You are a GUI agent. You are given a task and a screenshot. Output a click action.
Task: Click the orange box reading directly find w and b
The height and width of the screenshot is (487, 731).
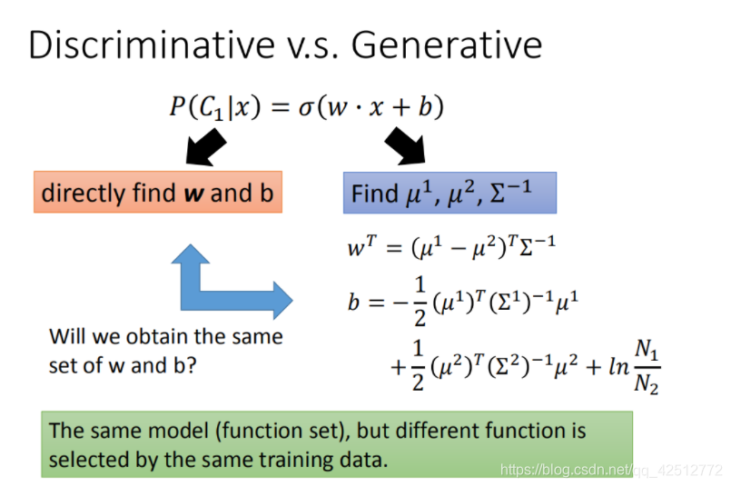[158, 193]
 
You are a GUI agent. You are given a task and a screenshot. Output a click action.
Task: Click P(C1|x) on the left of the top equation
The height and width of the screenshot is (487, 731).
[215, 107]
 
